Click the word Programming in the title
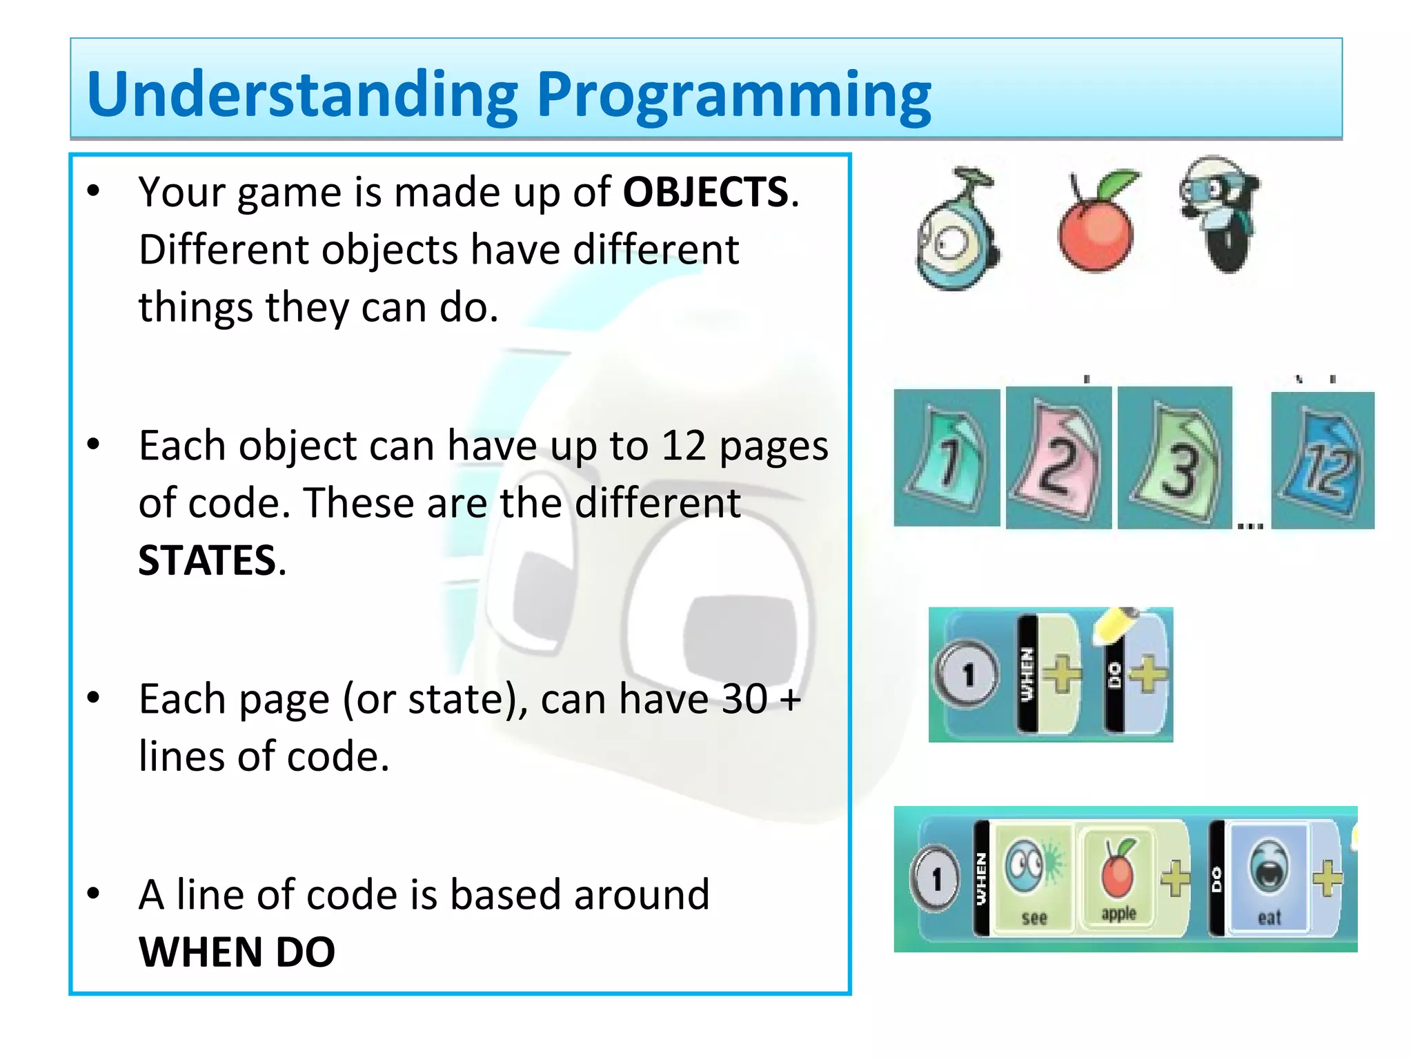pyautogui.click(x=733, y=97)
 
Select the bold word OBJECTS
pyautogui.click(x=705, y=192)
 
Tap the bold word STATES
pyautogui.click(x=207, y=560)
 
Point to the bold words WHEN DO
pyautogui.click(x=237, y=952)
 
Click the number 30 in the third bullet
pyautogui.click(x=744, y=699)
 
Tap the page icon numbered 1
pyautogui.click(x=947, y=458)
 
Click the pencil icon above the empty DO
pyautogui.click(x=1116, y=625)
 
